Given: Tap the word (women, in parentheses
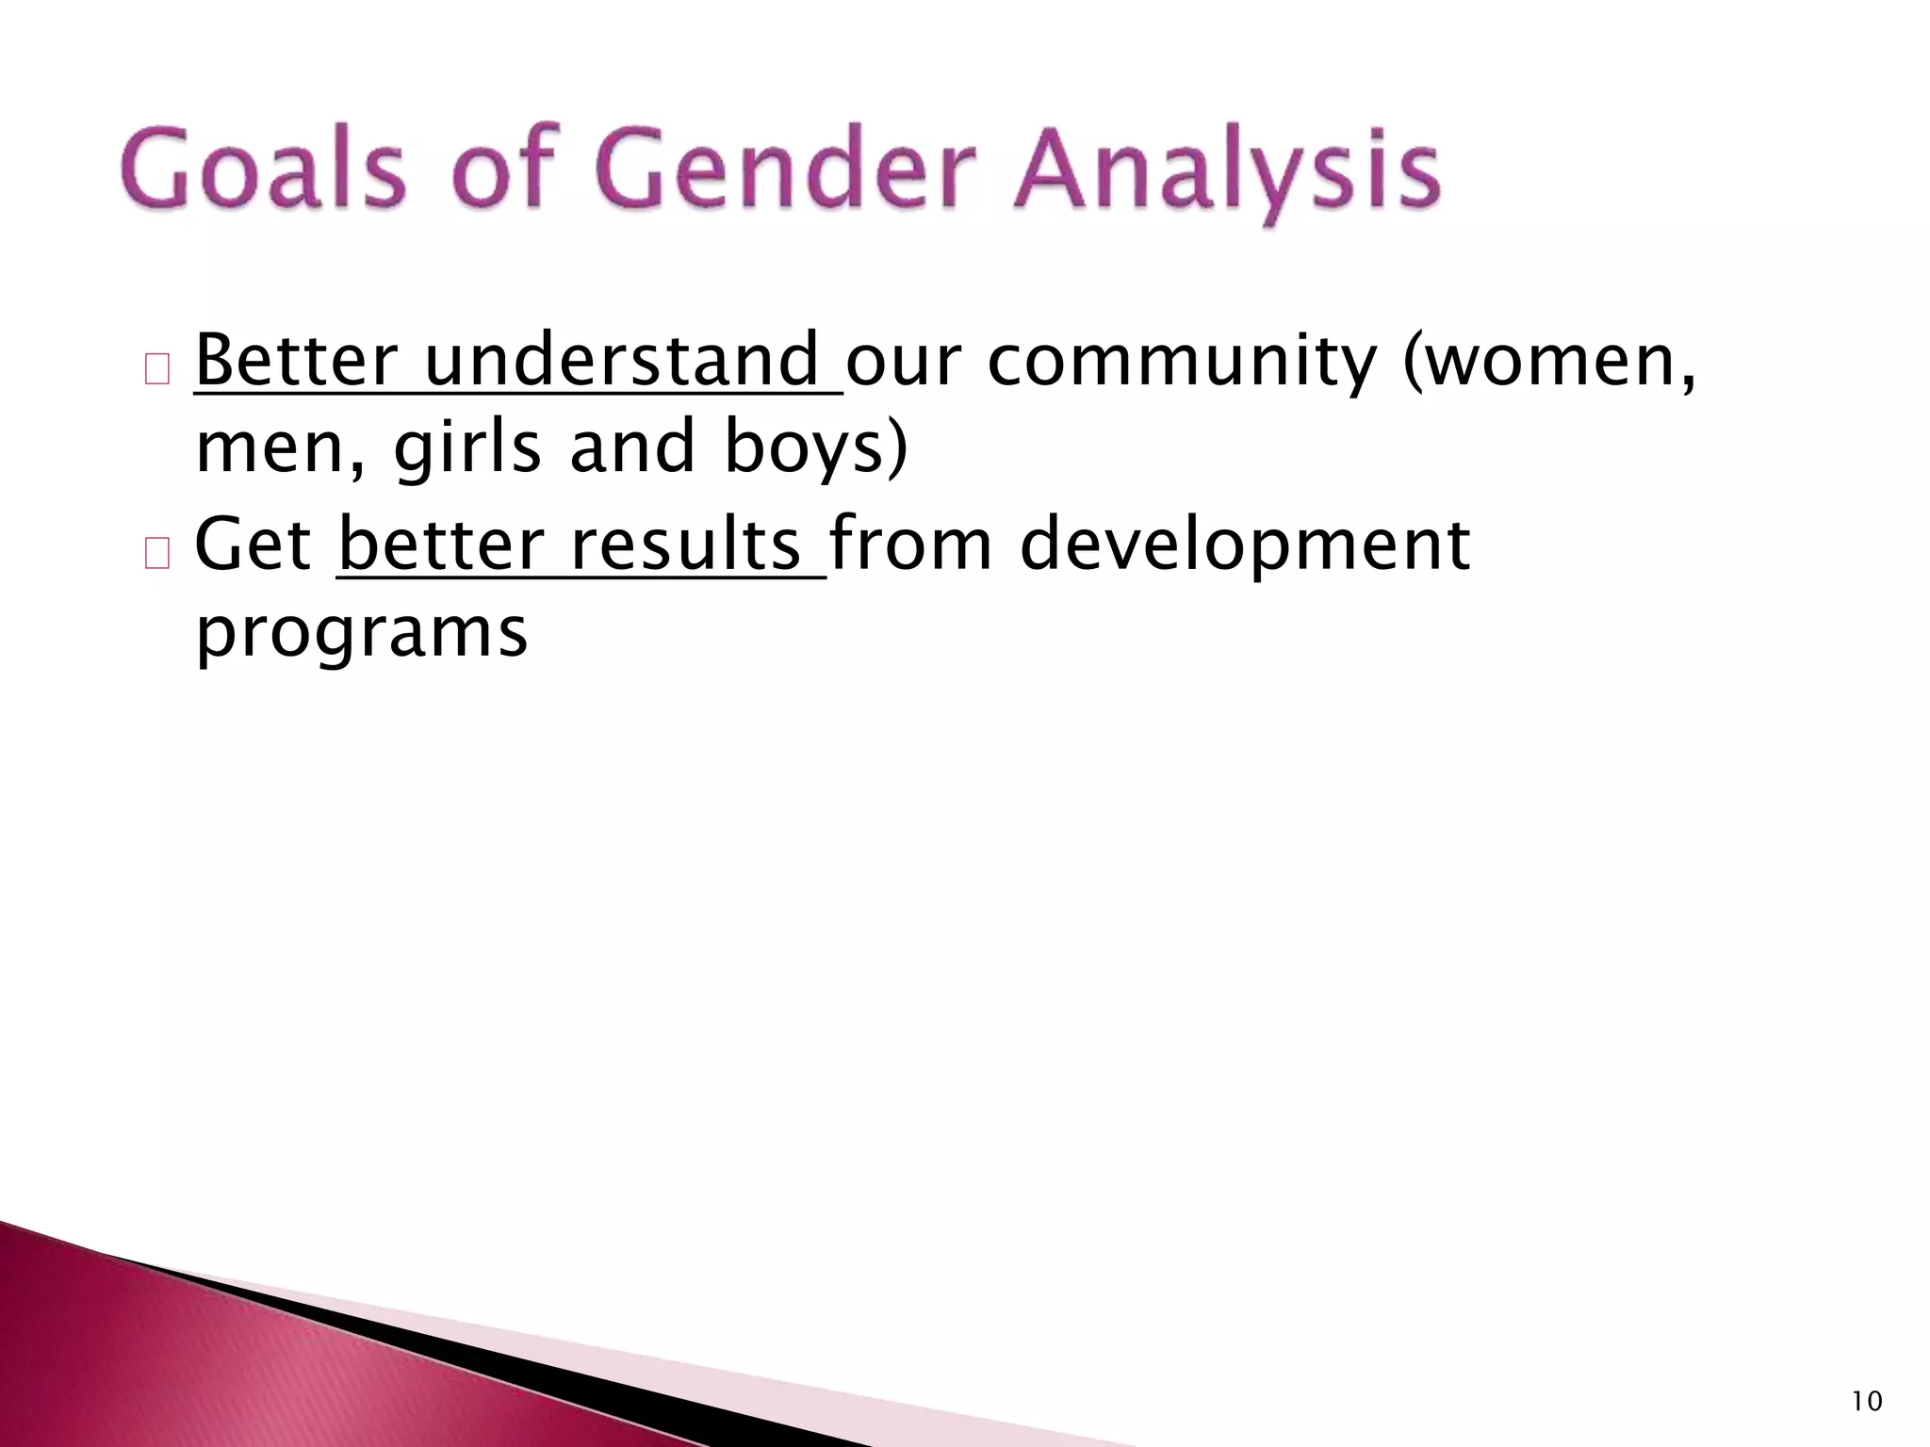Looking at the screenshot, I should tap(1549, 363).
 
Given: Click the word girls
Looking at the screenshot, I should tap(467, 448).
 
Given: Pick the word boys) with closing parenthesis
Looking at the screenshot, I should tap(816, 448).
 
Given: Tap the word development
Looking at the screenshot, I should tap(1244, 546).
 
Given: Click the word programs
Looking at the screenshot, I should tap(361, 634).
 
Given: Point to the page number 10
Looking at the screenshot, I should tap(1866, 1402).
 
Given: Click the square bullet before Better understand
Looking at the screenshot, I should tap(156, 369).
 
